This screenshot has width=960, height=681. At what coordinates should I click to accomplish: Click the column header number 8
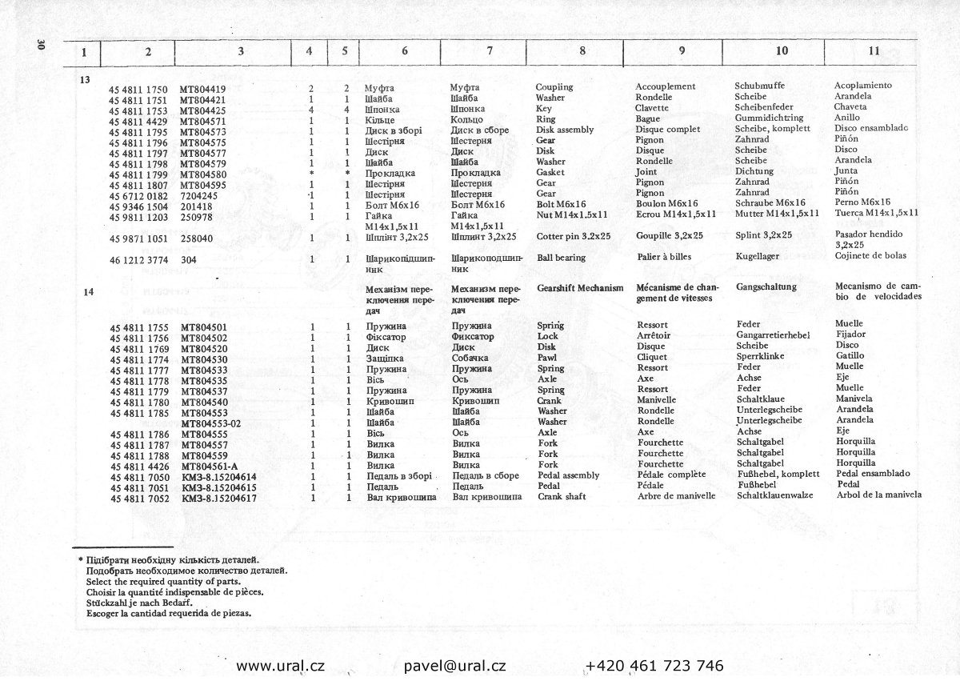(x=582, y=50)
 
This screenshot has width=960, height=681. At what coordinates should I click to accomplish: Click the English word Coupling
(x=554, y=86)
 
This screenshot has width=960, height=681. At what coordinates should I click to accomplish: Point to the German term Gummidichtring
(x=774, y=118)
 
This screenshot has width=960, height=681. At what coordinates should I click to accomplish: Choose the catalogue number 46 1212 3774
(x=138, y=259)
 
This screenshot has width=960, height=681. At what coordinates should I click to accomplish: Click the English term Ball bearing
(x=561, y=258)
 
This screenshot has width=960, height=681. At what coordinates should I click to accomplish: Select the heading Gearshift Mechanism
(x=580, y=287)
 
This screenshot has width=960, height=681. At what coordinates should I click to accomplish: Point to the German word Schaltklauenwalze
(x=774, y=495)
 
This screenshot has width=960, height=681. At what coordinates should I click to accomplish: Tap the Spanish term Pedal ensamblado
(x=878, y=473)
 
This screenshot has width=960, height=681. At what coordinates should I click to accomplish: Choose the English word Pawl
(x=547, y=358)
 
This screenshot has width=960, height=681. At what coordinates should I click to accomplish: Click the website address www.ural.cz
(x=280, y=666)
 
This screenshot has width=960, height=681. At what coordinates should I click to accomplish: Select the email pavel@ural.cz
(x=454, y=666)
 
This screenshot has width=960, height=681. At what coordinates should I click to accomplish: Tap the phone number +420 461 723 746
(x=654, y=666)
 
